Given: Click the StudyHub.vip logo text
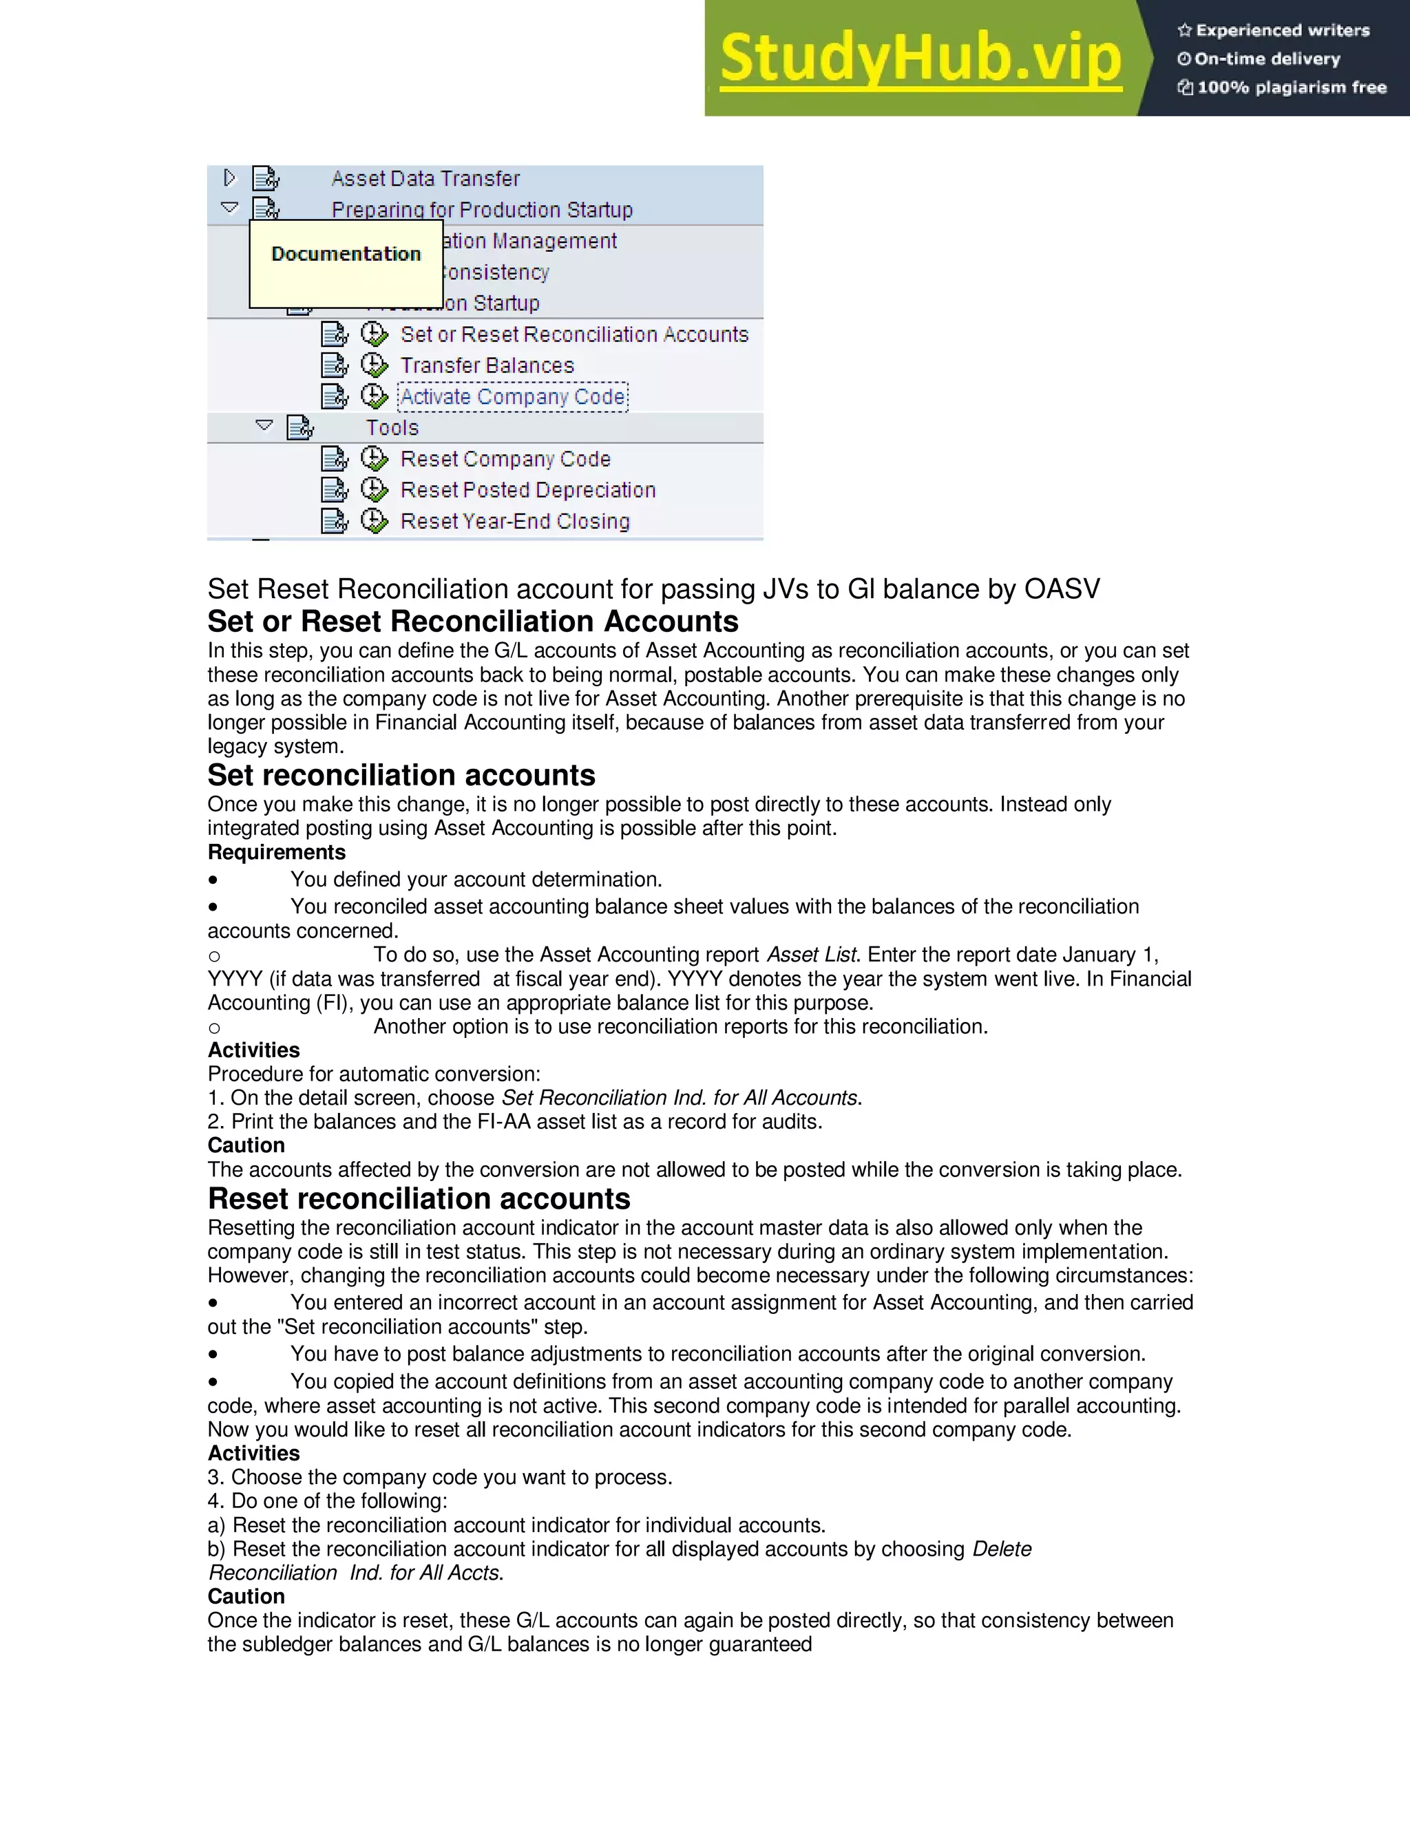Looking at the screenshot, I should tap(920, 59).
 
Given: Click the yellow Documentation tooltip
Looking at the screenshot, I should tap(346, 263).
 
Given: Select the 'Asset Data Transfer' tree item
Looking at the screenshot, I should tap(425, 179).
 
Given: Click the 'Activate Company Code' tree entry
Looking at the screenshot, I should tap(513, 396).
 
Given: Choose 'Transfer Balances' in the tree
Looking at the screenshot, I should tap(487, 365).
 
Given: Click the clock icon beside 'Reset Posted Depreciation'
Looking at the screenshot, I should tap(375, 490).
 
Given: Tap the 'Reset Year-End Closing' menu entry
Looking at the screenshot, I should tap(514, 521).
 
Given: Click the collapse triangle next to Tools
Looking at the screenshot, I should tap(264, 426).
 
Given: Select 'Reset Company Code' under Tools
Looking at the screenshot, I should tap(505, 459).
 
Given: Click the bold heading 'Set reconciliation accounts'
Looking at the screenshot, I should tap(401, 776).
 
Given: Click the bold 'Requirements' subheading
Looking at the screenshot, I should tap(277, 853).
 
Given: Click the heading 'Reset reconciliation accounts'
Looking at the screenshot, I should tap(419, 1199).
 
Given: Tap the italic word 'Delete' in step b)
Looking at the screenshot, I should tap(1002, 1549).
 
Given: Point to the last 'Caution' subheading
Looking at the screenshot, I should tap(246, 1597).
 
